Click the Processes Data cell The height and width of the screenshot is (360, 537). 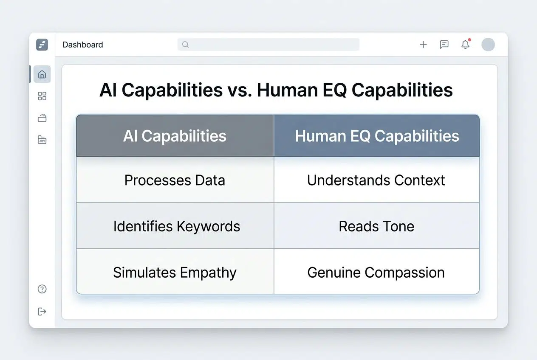pyautogui.click(x=175, y=180)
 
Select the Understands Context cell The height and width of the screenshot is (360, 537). pyautogui.click(x=376, y=180)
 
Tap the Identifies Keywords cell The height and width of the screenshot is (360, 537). pyautogui.click(x=176, y=226)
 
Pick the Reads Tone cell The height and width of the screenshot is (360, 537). pyautogui.click(x=376, y=226)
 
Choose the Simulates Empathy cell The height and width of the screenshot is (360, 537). pyautogui.click(x=175, y=272)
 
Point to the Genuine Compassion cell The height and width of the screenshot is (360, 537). pyautogui.click(x=376, y=272)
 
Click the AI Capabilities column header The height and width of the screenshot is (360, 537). pyautogui.click(x=175, y=136)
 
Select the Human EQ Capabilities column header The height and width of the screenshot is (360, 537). pyautogui.click(x=377, y=136)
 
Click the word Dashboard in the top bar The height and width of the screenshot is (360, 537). pyautogui.click(x=82, y=45)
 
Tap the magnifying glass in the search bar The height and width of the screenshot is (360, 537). pyautogui.click(x=185, y=45)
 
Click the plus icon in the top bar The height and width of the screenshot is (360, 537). pyautogui.click(x=423, y=45)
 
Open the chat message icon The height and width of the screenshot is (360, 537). pyautogui.click(x=444, y=45)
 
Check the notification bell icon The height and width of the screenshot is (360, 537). pyautogui.click(x=466, y=44)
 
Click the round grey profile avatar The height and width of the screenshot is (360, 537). pyautogui.click(x=488, y=45)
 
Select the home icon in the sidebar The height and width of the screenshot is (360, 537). pyautogui.click(x=42, y=74)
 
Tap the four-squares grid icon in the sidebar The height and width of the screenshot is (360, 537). pyautogui.click(x=42, y=96)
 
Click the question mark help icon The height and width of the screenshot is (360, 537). pyautogui.click(x=42, y=289)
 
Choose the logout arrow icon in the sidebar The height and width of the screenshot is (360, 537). pyautogui.click(x=42, y=312)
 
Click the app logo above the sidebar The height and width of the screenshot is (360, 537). pyautogui.click(x=42, y=45)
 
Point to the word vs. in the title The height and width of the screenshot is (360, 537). pyautogui.click(x=240, y=90)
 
